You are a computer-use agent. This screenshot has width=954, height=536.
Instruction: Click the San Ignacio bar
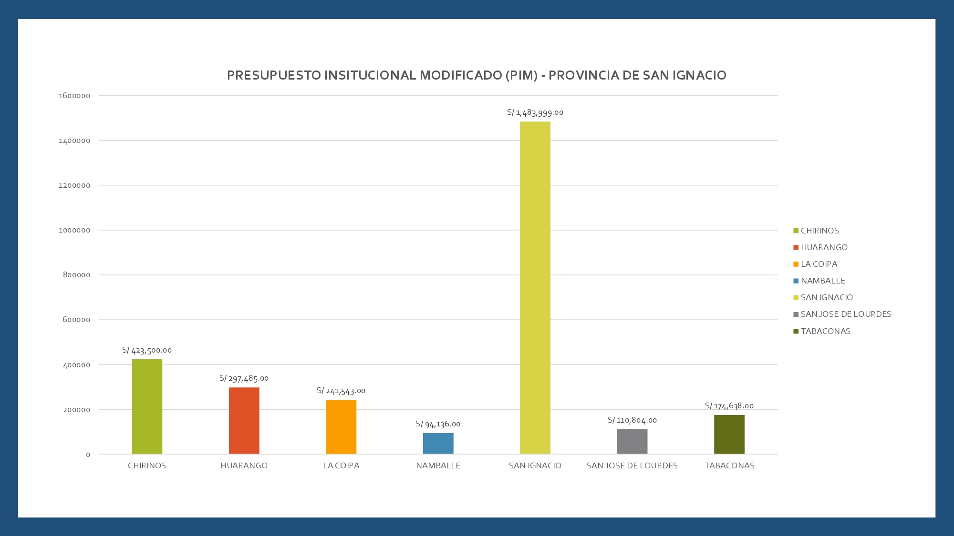[535, 288]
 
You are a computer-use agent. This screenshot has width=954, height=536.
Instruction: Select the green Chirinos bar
[147, 406]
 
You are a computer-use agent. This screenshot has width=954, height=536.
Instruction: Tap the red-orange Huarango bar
[244, 421]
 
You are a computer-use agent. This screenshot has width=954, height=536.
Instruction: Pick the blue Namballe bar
[438, 443]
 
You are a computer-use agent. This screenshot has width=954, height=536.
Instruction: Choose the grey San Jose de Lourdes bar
[632, 442]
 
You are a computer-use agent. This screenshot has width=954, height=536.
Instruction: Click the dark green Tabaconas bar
[729, 435]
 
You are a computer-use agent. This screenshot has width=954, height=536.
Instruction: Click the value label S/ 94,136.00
[438, 424]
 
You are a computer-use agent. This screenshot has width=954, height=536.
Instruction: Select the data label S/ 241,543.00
[341, 391]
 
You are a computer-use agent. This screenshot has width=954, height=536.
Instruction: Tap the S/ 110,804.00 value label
[632, 420]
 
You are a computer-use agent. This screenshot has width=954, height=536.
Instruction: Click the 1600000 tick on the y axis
[74, 96]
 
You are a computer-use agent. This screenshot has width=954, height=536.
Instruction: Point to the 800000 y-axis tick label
[76, 275]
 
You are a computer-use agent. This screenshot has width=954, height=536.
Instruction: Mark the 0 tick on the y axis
[88, 455]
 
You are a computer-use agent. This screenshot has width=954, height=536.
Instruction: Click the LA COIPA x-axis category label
[341, 465]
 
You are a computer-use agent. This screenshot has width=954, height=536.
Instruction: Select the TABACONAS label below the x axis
[729, 465]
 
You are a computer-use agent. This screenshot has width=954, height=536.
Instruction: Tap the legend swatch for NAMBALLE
[796, 281]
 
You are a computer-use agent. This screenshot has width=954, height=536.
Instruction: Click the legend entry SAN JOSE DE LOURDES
[846, 314]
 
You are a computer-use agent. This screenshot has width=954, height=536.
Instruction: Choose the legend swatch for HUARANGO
[796, 248]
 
